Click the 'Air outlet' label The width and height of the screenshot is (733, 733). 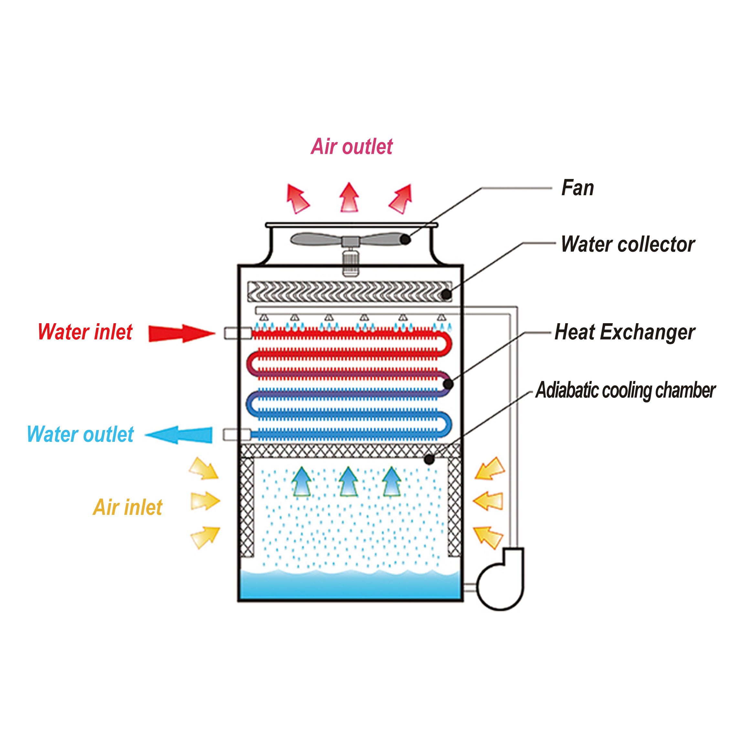click(352, 146)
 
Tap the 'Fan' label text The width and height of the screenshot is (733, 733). click(578, 188)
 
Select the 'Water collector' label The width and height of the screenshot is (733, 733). click(628, 244)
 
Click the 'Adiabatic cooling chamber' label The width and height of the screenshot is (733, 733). click(625, 390)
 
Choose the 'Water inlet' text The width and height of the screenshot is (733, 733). click(85, 332)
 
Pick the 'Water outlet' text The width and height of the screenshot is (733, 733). click(80, 434)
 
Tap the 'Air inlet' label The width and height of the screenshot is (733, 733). click(128, 507)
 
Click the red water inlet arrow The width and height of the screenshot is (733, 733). click(182, 334)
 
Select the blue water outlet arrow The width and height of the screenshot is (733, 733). click(179, 435)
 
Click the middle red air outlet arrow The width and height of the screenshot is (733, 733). click(349, 197)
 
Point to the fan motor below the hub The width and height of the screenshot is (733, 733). click(350, 263)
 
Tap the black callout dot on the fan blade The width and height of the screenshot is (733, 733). click(405, 239)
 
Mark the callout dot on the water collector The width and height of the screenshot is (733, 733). click(447, 294)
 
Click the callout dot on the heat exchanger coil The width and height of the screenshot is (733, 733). click(448, 384)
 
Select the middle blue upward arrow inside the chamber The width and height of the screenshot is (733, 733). click(348, 482)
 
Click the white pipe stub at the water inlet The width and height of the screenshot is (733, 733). click(238, 333)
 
